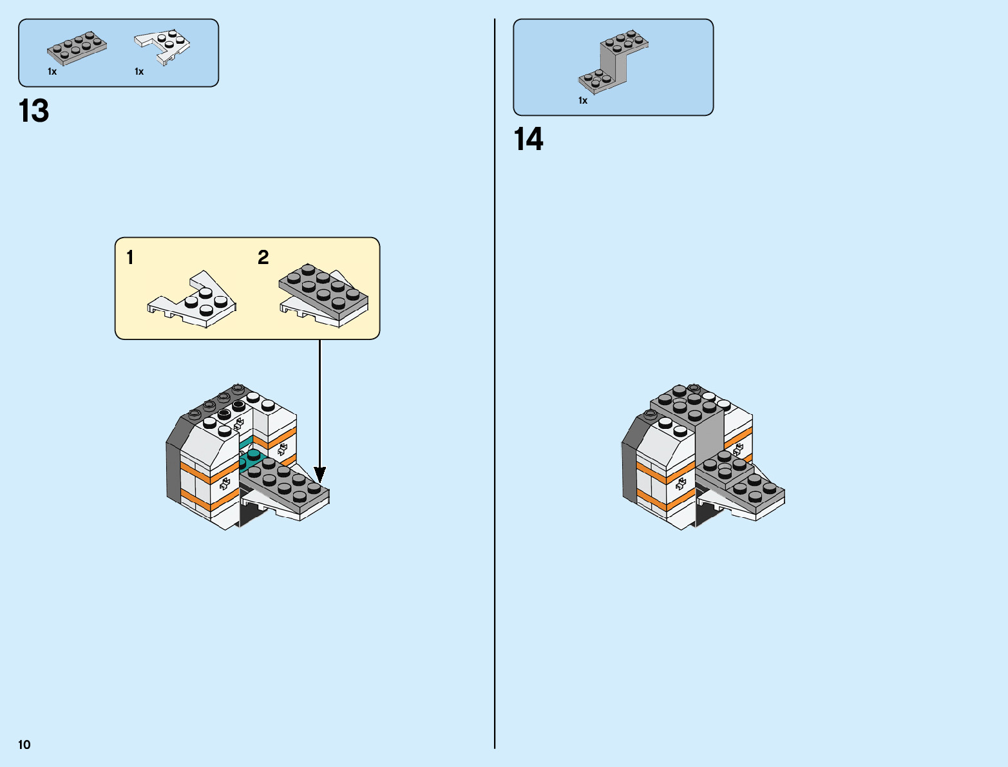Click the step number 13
(33, 111)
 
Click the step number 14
(528, 139)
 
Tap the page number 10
(24, 745)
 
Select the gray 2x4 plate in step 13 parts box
(77, 48)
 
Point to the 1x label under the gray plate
(52, 71)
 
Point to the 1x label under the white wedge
(139, 71)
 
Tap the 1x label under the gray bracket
(583, 100)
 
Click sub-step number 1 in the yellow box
(130, 258)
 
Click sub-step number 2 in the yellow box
(263, 258)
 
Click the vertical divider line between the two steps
(495, 386)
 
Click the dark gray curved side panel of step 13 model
(173, 464)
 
